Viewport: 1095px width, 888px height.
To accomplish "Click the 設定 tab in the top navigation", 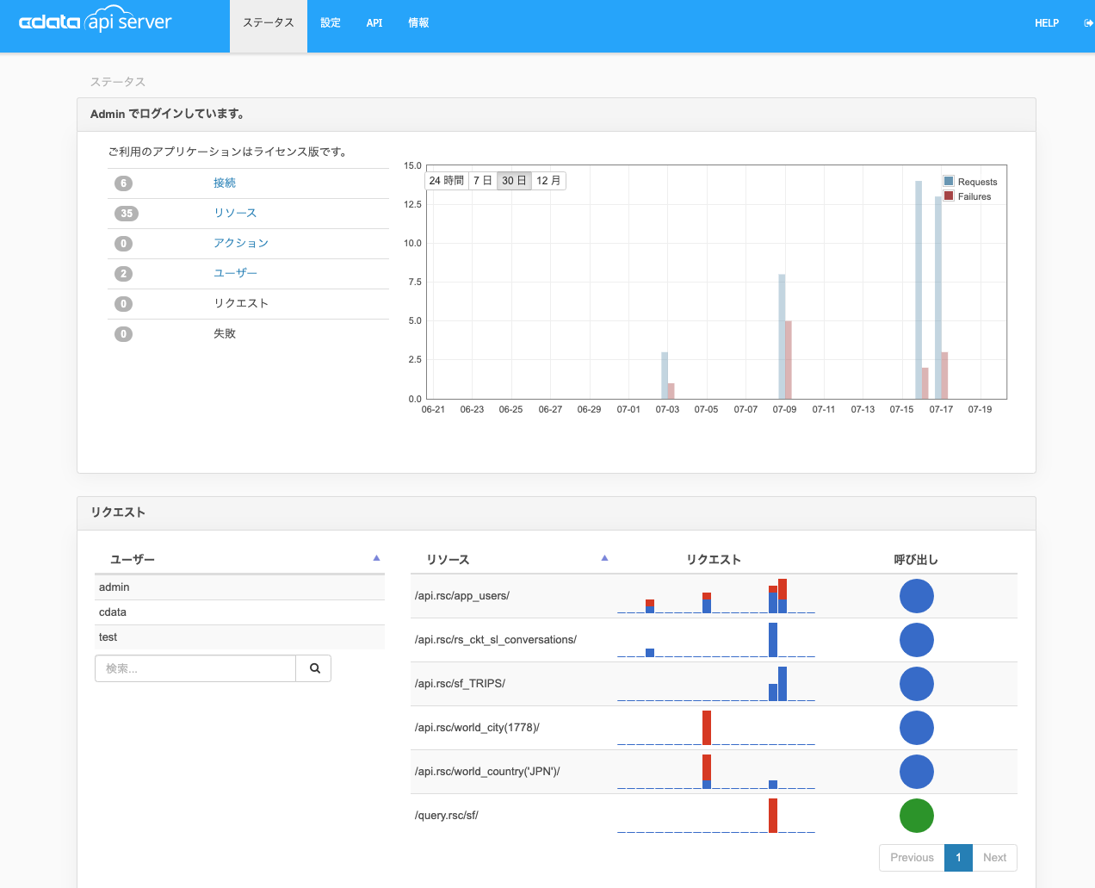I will [x=331, y=23].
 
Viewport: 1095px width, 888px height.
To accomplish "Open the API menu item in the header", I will [x=374, y=23].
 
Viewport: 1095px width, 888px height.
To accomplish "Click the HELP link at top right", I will [x=1046, y=23].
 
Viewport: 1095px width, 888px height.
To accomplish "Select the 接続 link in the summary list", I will [x=225, y=183].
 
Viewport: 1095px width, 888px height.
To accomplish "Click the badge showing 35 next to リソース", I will [x=127, y=214].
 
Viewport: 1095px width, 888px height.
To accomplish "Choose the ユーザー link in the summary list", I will [x=235, y=273].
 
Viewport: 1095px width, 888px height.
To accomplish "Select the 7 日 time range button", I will [x=482, y=181].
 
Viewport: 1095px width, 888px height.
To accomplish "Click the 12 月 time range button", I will [x=548, y=181].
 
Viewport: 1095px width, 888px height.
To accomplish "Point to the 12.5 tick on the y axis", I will [x=412, y=204].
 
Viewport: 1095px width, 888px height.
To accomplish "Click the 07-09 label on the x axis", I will [x=784, y=409].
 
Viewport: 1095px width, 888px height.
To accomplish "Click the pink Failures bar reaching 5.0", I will [x=788, y=360].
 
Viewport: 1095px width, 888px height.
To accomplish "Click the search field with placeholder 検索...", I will [x=195, y=668].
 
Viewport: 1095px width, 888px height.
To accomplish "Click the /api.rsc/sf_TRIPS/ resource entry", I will [x=460, y=684].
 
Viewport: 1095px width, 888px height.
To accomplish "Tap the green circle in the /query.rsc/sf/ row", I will [x=916, y=816].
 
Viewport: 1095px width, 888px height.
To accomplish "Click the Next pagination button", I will [x=994, y=858].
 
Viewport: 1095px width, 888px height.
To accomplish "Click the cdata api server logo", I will [x=96, y=22].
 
